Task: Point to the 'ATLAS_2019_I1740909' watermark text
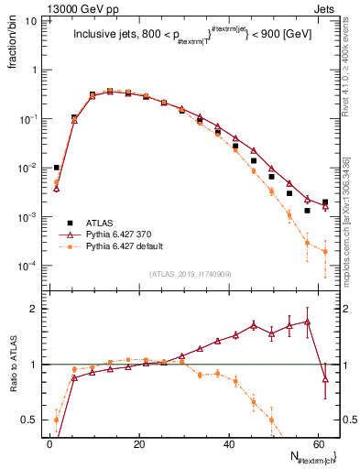[191, 274]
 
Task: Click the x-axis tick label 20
[138, 443]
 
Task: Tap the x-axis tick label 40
[228, 443]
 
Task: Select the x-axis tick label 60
[317, 443]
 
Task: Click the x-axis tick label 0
[49, 443]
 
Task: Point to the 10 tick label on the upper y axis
[30, 20]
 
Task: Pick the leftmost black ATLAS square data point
[57, 168]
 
